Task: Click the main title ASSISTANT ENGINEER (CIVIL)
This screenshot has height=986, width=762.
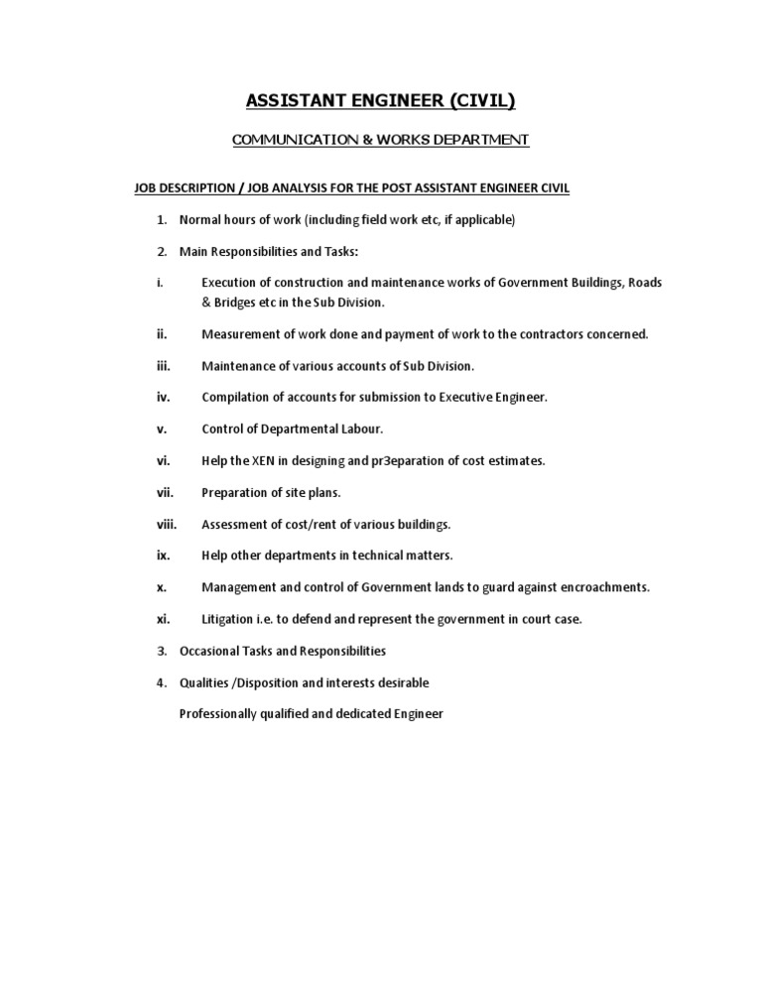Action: tap(381, 100)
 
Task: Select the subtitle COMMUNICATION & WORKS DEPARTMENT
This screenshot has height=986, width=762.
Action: tap(381, 141)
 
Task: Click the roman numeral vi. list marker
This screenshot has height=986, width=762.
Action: tap(164, 461)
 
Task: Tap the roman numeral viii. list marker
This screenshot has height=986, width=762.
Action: tap(166, 524)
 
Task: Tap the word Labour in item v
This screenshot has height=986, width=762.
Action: tap(361, 430)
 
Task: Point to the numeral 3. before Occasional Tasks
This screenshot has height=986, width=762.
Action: tap(162, 651)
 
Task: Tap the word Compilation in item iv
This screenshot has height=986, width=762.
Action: tap(235, 398)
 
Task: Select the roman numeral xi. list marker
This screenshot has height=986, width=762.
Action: tap(164, 619)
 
